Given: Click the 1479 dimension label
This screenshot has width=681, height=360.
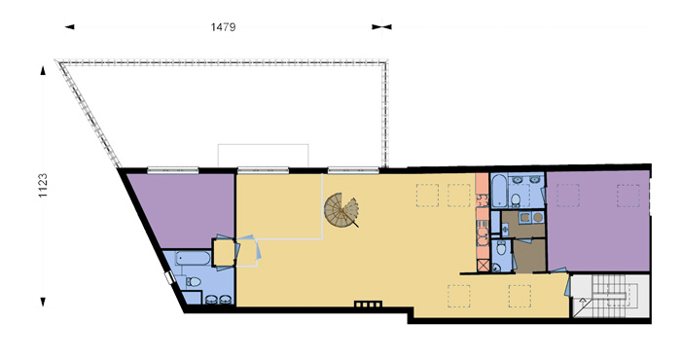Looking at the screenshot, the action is (x=223, y=27).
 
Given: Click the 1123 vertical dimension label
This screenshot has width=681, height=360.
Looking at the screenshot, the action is (x=43, y=186).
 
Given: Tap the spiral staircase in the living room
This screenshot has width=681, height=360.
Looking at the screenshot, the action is (x=341, y=210).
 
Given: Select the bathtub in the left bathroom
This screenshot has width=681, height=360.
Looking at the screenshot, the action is (x=194, y=259).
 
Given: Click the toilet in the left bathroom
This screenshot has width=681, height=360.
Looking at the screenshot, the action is (x=194, y=282).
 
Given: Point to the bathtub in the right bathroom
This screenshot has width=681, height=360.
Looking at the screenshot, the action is (x=498, y=190).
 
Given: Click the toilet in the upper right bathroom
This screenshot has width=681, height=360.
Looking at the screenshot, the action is (x=516, y=199).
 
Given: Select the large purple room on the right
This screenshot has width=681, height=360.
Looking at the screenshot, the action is (x=598, y=221).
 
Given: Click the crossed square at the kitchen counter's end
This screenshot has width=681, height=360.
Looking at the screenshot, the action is (x=483, y=266).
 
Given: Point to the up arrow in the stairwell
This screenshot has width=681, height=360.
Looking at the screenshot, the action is (x=583, y=303).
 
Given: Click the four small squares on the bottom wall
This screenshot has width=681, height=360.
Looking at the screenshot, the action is (x=369, y=304).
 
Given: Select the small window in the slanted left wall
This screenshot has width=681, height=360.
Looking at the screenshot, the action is (x=169, y=278).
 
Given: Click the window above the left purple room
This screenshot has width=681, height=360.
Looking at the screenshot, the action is (x=173, y=170).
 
